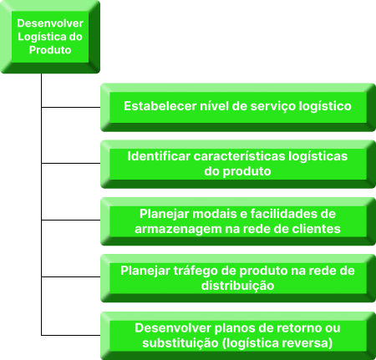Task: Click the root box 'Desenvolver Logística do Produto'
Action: click(50, 37)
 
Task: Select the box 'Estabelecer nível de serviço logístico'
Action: click(238, 107)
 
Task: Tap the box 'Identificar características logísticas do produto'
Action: click(238, 164)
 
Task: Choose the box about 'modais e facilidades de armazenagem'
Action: click(238, 221)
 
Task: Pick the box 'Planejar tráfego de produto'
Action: click(238, 278)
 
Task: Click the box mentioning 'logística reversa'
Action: click(238, 336)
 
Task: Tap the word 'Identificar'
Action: click(159, 156)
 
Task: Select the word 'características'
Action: click(239, 156)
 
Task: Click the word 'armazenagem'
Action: click(178, 229)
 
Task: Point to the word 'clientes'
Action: click(316, 229)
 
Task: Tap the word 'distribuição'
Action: click(237, 286)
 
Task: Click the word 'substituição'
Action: click(180, 343)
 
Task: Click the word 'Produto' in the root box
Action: click(50, 50)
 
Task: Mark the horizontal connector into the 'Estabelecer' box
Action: click(71, 107)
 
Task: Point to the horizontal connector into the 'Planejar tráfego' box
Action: click(71, 277)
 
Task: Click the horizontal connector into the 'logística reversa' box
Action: click(71, 335)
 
